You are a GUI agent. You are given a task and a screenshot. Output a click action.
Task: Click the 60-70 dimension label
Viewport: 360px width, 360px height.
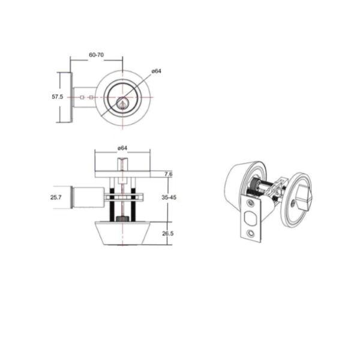click(96, 55)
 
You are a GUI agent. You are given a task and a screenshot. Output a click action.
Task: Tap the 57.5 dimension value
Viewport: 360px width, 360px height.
click(57, 97)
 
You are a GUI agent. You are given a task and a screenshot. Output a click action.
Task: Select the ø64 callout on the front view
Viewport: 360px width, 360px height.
click(157, 71)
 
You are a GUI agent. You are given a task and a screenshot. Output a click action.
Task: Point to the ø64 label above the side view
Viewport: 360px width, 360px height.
click(122, 148)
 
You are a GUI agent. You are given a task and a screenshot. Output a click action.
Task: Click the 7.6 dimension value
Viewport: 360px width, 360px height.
click(168, 174)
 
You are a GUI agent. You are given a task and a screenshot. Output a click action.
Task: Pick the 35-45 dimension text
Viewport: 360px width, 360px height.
click(169, 197)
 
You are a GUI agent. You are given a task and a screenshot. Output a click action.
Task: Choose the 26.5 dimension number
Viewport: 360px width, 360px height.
click(168, 233)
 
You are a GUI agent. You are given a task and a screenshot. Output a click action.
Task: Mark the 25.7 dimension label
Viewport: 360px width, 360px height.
click(56, 197)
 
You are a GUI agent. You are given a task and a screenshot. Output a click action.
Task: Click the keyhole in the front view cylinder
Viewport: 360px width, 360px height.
click(122, 104)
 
